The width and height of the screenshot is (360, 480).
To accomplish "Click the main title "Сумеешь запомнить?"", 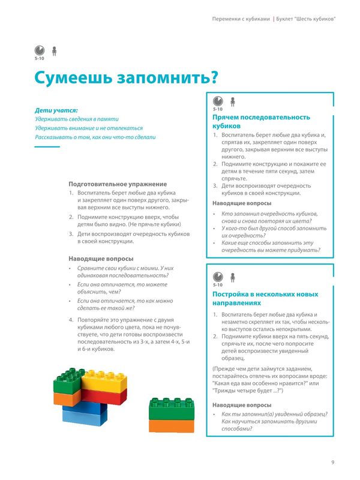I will click(125, 78).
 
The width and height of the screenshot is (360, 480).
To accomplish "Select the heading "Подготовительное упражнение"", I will click(118, 184).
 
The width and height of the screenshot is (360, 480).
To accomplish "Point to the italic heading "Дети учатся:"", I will click(56, 110).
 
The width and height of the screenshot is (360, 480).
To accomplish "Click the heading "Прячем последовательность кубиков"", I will click(261, 122).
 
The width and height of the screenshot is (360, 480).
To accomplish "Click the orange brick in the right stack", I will click(171, 426).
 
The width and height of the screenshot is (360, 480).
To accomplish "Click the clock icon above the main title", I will click(39, 52).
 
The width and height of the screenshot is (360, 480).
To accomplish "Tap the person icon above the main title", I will click(54, 51).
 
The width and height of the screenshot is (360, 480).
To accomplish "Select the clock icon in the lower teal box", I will click(218, 277).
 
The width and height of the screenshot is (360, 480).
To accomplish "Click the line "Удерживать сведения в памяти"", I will click(77, 119).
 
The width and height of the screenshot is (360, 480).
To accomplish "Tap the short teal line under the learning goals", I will click(47, 146).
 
